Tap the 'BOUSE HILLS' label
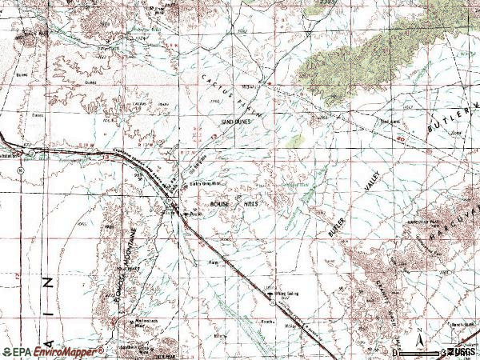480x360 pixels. coord(236,205)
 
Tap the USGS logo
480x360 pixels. coord(458,351)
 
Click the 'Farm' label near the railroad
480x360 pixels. coord(214,261)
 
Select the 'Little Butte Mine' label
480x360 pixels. coord(205,183)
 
